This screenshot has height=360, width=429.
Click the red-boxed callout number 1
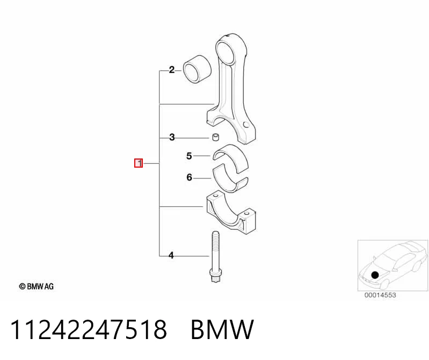click(139, 163)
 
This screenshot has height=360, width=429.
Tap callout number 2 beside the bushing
click(171, 70)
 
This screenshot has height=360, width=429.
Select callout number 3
click(172, 137)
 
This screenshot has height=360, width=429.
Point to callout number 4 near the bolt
click(171, 255)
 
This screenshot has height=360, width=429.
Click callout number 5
click(189, 156)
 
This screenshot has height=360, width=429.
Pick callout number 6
click(190, 177)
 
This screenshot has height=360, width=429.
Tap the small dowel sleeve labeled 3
click(216, 137)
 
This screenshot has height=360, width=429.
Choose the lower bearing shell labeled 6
click(230, 180)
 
